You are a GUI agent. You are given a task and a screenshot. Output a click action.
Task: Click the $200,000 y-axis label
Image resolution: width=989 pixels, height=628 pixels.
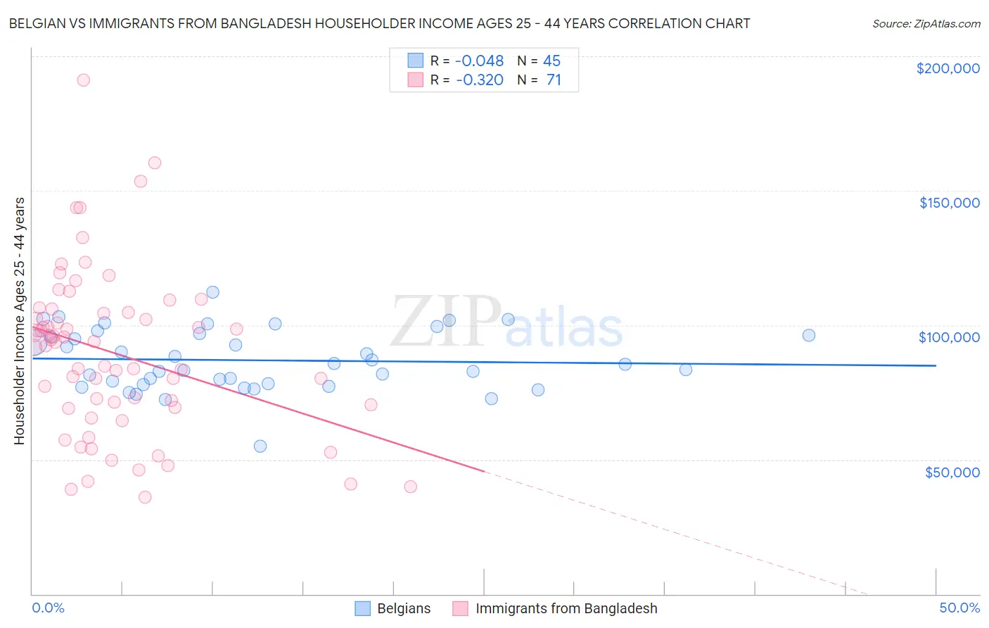click(947, 68)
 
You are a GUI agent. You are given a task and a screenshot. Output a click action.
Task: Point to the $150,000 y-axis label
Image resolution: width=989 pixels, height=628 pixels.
click(949, 203)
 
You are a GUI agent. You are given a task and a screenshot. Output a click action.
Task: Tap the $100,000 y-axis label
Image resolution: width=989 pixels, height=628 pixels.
click(949, 337)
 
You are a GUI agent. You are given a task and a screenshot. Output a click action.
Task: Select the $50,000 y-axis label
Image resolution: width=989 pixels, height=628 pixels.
click(952, 472)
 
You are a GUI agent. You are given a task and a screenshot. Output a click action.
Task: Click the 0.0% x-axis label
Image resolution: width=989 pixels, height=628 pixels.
click(48, 608)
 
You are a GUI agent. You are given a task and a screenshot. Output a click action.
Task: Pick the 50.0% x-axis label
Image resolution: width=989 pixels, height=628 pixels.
click(959, 608)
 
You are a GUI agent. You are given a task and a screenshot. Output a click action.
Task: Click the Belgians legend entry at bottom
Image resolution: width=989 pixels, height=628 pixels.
click(403, 608)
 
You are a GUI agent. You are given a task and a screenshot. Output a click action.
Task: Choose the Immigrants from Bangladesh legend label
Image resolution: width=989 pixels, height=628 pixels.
click(566, 608)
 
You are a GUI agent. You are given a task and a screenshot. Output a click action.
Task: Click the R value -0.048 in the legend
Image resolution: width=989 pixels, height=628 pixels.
click(480, 61)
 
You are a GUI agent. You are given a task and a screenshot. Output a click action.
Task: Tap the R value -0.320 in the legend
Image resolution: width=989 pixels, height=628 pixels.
click(480, 80)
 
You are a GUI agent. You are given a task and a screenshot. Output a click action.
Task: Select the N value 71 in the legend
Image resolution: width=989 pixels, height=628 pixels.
click(554, 80)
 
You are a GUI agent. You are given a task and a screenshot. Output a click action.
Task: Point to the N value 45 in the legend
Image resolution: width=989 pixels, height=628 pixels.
click(551, 61)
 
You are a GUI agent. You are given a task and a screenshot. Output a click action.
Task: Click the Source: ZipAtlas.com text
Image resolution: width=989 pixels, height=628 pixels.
click(926, 24)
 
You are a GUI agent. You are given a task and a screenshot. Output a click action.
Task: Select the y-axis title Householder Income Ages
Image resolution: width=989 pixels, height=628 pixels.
click(20, 320)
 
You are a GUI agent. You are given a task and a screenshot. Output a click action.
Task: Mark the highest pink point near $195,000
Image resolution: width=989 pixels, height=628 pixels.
click(83, 80)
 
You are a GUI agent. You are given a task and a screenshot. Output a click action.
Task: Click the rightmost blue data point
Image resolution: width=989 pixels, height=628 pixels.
click(809, 335)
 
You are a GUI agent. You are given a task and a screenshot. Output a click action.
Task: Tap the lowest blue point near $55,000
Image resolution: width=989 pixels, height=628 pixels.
click(260, 446)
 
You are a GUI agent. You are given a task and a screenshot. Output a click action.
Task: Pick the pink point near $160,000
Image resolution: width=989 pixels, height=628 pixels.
click(155, 163)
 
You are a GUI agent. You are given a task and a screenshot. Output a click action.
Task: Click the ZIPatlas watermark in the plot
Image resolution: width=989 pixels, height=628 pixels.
click(506, 322)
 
